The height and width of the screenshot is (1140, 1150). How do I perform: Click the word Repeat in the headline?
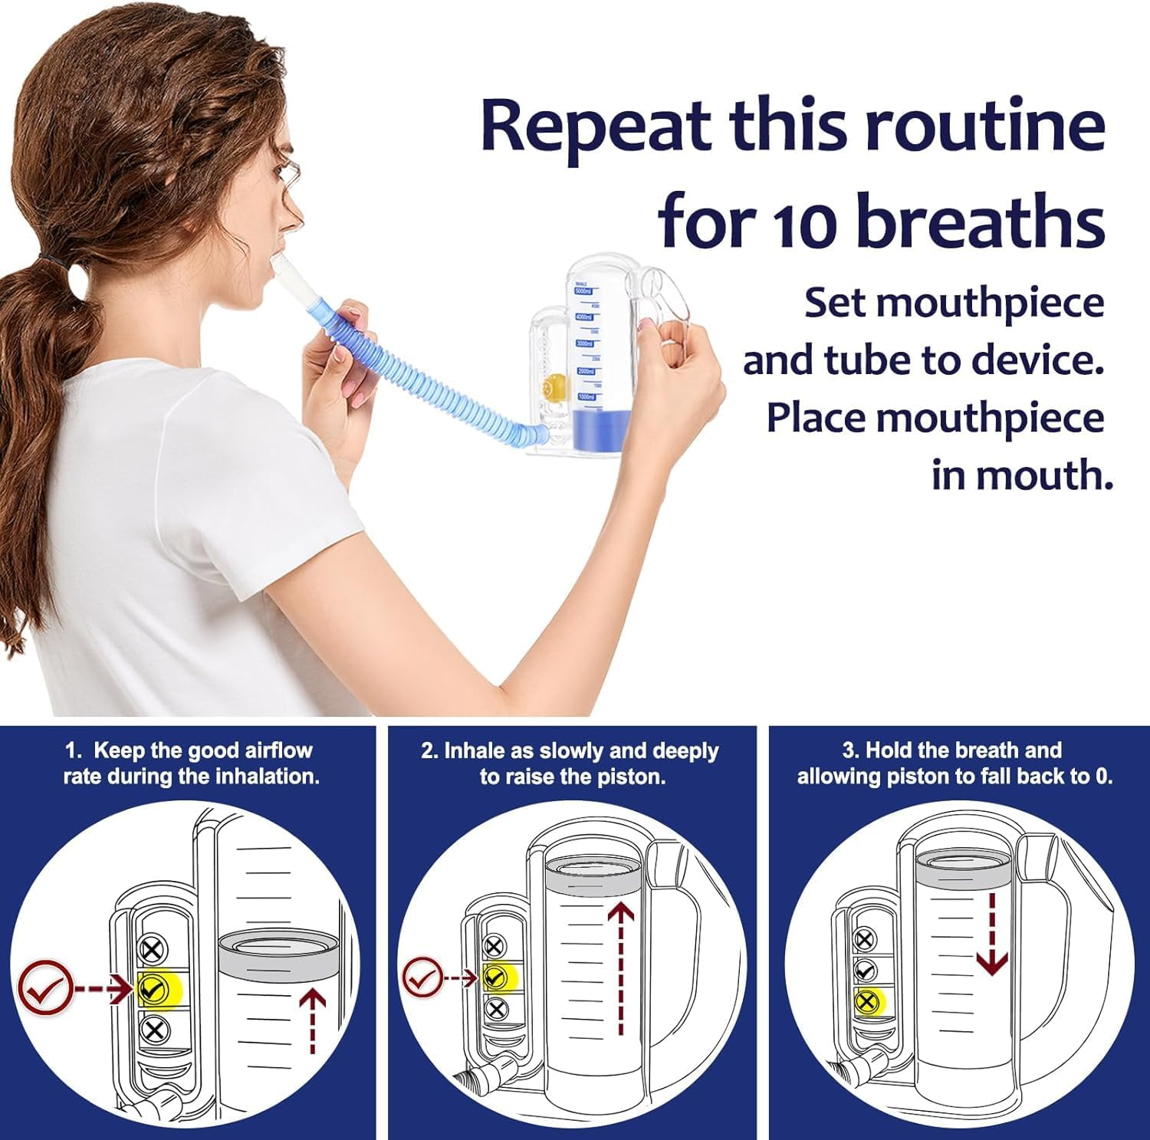(x=598, y=126)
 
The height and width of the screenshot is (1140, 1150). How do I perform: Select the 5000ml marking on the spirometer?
(x=584, y=292)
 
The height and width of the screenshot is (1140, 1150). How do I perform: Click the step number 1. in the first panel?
(x=74, y=751)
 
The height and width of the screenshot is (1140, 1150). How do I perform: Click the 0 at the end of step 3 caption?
(x=1102, y=777)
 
